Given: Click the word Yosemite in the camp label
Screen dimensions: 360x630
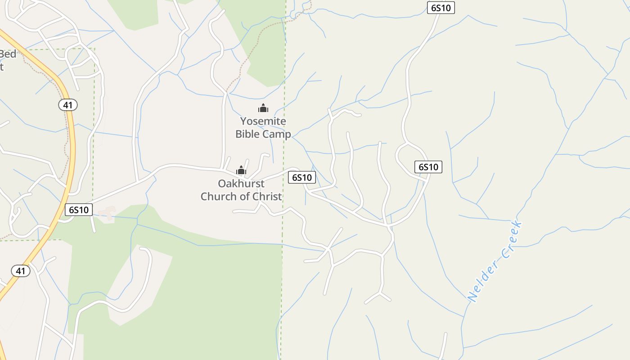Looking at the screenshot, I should pyautogui.click(x=263, y=121).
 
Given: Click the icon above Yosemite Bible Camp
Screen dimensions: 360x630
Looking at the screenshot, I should pyautogui.click(x=263, y=108).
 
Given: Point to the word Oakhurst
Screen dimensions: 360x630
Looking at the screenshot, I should pyautogui.click(x=241, y=184).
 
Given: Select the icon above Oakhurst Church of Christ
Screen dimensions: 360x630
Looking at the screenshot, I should pyautogui.click(x=241, y=170).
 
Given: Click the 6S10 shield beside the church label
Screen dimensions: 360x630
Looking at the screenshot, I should pyautogui.click(x=302, y=177).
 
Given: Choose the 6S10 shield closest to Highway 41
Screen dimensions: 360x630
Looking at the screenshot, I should pyautogui.click(x=79, y=209).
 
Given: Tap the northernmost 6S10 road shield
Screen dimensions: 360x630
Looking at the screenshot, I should pyautogui.click(x=441, y=8).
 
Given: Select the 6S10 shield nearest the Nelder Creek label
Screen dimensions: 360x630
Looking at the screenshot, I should pyautogui.click(x=428, y=167).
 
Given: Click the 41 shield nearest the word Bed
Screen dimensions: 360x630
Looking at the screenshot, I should pyautogui.click(x=68, y=105).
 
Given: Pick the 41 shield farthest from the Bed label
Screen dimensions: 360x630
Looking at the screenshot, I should pyautogui.click(x=21, y=270).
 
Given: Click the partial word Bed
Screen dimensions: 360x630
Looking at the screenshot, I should pyautogui.click(x=8, y=54).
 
